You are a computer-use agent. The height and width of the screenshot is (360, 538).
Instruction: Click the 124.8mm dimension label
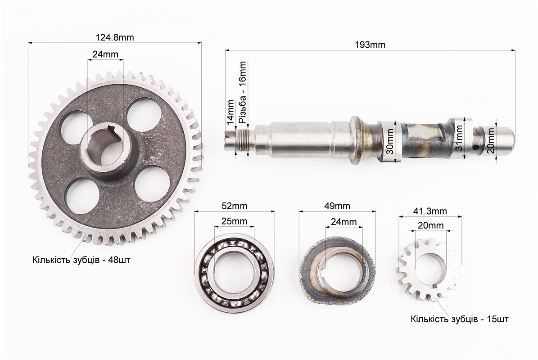point(115,37)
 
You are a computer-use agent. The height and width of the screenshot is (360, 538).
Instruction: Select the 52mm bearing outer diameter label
point(235,206)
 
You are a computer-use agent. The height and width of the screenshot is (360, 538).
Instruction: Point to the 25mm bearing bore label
point(235,221)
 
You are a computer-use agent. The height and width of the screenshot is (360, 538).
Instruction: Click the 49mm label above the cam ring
point(337,206)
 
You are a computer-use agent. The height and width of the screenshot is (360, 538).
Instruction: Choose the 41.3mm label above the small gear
point(430,211)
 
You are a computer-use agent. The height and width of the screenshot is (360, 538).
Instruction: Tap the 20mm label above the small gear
point(430,225)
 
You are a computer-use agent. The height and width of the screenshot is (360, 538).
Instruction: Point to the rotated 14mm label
point(230,112)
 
